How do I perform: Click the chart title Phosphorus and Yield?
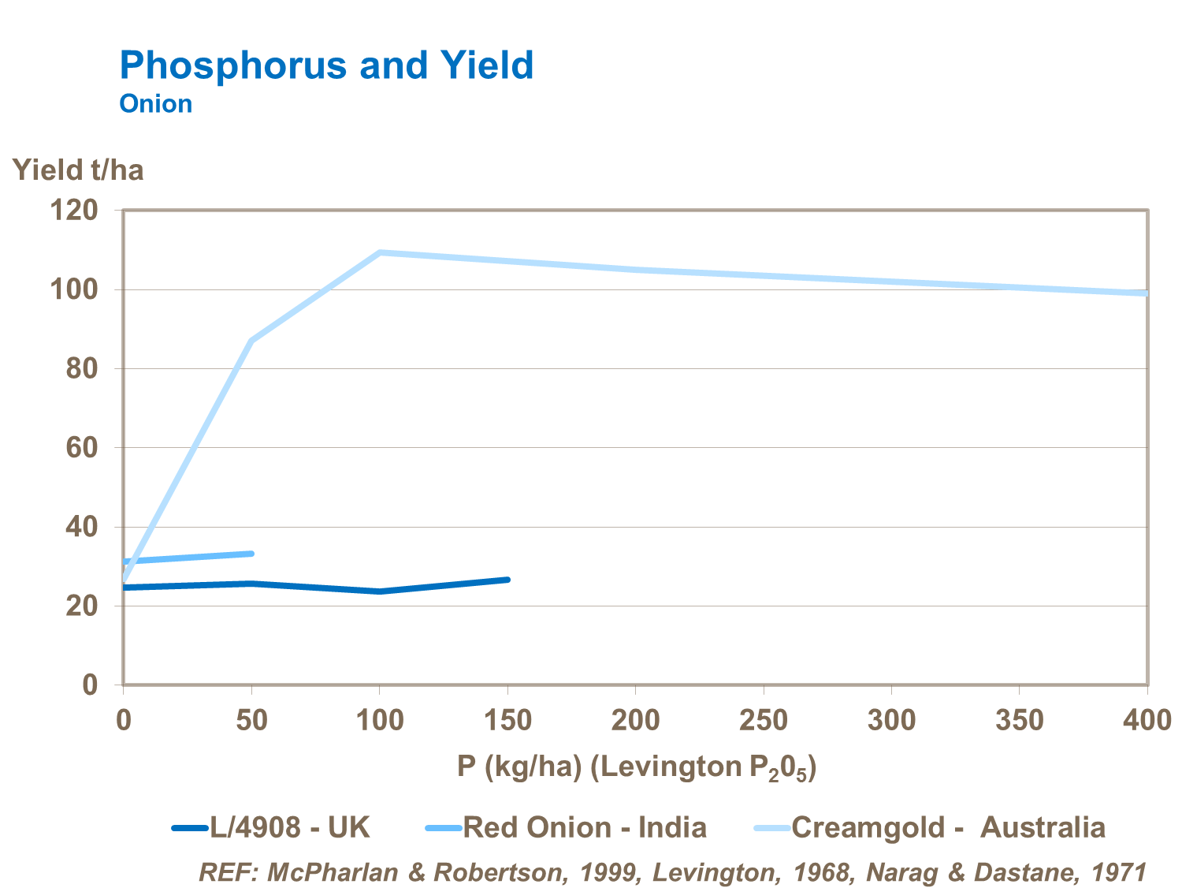click(x=326, y=65)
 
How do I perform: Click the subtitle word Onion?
click(x=155, y=104)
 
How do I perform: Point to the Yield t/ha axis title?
click(x=78, y=170)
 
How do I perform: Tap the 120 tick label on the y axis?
click(x=74, y=211)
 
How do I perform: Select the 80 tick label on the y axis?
click(x=81, y=368)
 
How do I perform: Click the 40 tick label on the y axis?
click(x=81, y=527)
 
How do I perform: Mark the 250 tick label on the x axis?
click(x=764, y=720)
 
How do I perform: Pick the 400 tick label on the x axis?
click(x=1147, y=720)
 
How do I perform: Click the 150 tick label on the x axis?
click(x=507, y=720)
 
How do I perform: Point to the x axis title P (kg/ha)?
click(x=637, y=767)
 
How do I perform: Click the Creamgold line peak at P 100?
click(x=380, y=252)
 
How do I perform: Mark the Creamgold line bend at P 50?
click(x=251, y=341)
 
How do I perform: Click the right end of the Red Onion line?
click(x=251, y=554)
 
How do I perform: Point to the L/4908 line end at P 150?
click(x=507, y=580)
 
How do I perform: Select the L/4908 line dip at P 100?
click(x=380, y=591)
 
